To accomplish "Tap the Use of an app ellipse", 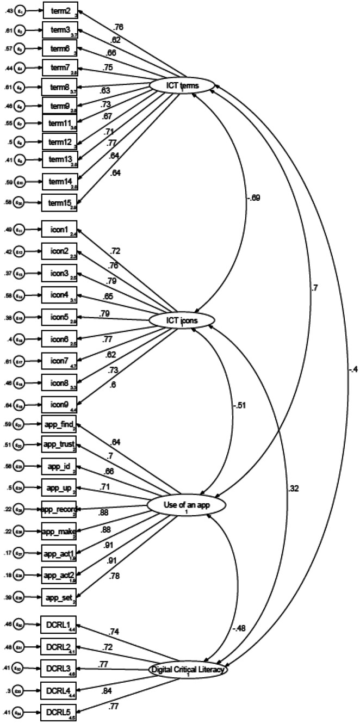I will click(186, 506).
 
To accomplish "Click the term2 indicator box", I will click(60, 10).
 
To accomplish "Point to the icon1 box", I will click(60, 230).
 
